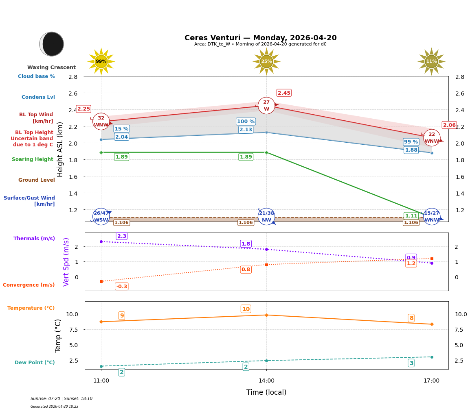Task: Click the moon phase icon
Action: pyautogui.click(x=52, y=44)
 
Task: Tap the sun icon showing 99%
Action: pyautogui.click(x=101, y=61)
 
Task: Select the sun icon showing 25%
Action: pyautogui.click(x=266, y=61)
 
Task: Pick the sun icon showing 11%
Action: pyautogui.click(x=431, y=61)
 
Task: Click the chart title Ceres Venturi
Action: pyautogui.click(x=260, y=38)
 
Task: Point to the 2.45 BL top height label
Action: pyautogui.click(x=284, y=93)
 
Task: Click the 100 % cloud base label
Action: pyautogui.click(x=246, y=122)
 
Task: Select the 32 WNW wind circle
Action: pyautogui.click(x=101, y=122)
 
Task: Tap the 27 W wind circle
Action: pyautogui.click(x=266, y=106)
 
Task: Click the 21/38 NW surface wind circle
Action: pyautogui.click(x=266, y=216)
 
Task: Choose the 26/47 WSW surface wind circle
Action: pyautogui.click(x=101, y=216)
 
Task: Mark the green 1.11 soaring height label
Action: pyautogui.click(x=411, y=216)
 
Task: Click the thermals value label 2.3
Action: pyautogui.click(x=122, y=236)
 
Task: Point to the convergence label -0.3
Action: pyautogui.click(x=121, y=287)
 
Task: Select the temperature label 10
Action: pyautogui.click(x=246, y=309)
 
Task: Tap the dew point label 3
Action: pyautogui.click(x=411, y=363)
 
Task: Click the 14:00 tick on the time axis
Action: pyautogui.click(x=266, y=381)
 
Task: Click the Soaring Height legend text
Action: pyautogui.click(x=33, y=159)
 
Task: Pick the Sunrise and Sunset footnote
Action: pyautogui.click(x=61, y=399)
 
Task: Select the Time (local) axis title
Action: pyautogui.click(x=266, y=392)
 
